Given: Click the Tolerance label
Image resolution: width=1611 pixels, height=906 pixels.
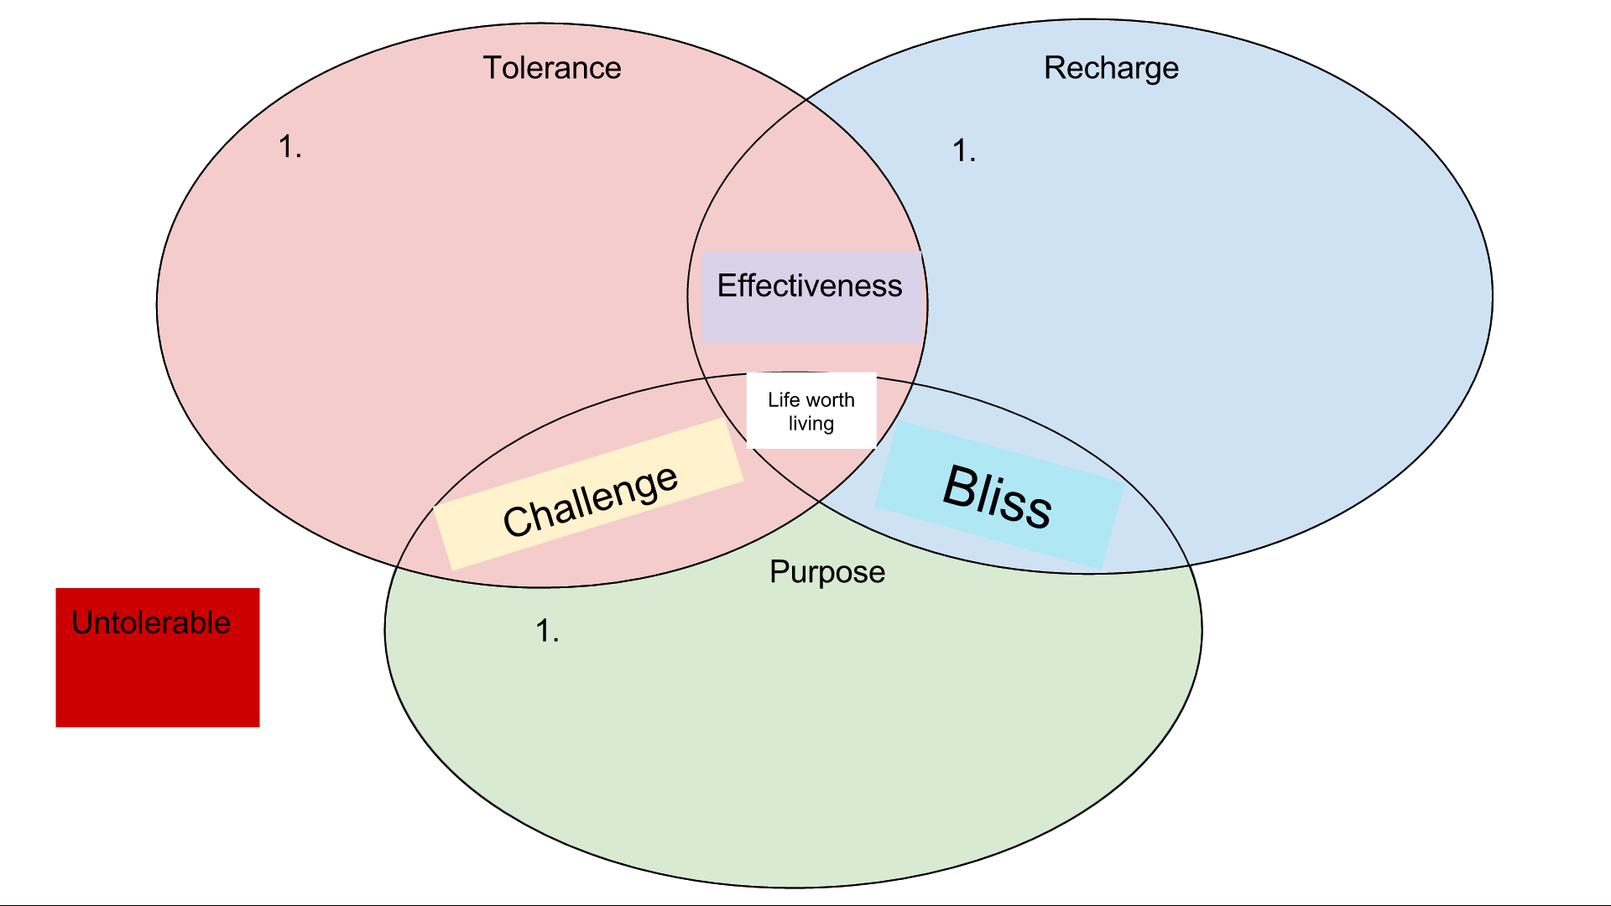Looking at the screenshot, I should pyautogui.click(x=551, y=68).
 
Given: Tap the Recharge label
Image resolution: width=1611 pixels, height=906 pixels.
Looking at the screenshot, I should pyautogui.click(x=1110, y=68).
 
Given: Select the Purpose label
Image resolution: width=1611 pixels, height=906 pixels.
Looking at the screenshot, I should pyautogui.click(x=826, y=572).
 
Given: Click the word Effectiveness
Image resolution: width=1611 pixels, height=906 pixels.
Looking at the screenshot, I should pyautogui.click(x=809, y=286).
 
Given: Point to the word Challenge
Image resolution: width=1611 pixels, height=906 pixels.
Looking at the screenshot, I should pyautogui.click(x=590, y=501).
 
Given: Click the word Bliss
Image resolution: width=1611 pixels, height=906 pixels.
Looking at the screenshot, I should pyautogui.click(x=997, y=497).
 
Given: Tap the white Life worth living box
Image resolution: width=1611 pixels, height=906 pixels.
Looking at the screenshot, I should pyautogui.click(x=811, y=411).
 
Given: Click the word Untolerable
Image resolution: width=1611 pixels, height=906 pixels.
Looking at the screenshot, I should pyautogui.click(x=151, y=622).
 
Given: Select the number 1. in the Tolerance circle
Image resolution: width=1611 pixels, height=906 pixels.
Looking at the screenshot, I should pyautogui.click(x=289, y=147).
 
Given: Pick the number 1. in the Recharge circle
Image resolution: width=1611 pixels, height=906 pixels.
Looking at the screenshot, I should pyautogui.click(x=963, y=151).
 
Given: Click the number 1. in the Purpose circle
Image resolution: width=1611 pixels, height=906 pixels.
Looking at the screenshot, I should pyautogui.click(x=546, y=631).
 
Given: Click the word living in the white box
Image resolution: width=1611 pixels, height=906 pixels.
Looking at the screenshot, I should pyautogui.click(x=811, y=424).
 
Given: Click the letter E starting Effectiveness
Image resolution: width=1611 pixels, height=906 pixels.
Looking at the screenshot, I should pyautogui.click(x=726, y=286).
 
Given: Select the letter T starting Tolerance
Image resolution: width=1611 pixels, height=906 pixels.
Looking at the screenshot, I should pyautogui.click(x=493, y=68).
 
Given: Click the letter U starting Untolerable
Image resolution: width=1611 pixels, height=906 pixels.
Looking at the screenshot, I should pyautogui.click(x=81, y=622).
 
